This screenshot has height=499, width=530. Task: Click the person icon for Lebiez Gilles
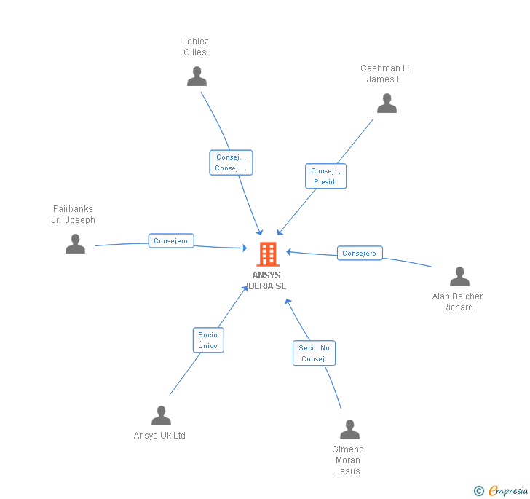pyautogui.click(x=197, y=76)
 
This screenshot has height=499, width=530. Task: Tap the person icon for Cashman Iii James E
pyautogui.click(x=387, y=103)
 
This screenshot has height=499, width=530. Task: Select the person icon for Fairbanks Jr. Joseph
pyautogui.click(x=75, y=244)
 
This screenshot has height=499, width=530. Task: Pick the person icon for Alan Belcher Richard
pyautogui.click(x=459, y=277)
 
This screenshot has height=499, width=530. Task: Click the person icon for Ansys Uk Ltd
pyautogui.click(x=161, y=416)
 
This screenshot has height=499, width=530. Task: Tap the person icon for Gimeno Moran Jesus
pyautogui.click(x=349, y=430)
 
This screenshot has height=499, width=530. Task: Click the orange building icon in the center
pyautogui.click(x=268, y=254)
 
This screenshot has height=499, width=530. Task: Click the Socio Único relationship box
pyautogui.click(x=208, y=340)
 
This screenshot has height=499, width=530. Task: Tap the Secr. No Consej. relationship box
pyautogui.click(x=314, y=353)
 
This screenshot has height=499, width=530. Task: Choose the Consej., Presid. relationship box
pyautogui.click(x=325, y=176)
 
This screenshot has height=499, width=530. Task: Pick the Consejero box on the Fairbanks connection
pyautogui.click(x=171, y=240)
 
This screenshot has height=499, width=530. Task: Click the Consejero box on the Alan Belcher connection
pyautogui.click(x=360, y=254)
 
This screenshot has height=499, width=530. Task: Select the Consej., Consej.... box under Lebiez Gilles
pyautogui.click(x=231, y=162)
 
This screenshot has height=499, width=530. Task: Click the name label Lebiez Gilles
pyautogui.click(x=195, y=47)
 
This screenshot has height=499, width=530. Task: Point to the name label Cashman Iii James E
pyautogui.click(x=384, y=74)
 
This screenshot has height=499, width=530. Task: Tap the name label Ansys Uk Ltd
pyautogui.click(x=159, y=436)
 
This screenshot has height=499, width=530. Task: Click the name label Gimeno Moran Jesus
pyautogui.click(x=348, y=460)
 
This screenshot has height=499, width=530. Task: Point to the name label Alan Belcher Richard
pyautogui.click(x=457, y=302)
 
